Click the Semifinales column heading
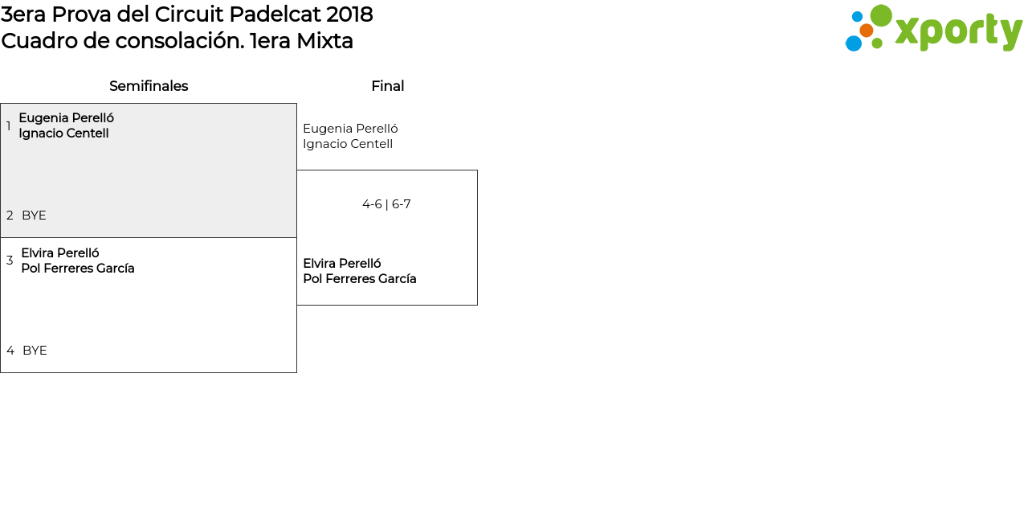coord(149,86)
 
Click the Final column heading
coord(387,86)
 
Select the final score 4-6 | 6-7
coord(386,204)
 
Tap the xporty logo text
coord(958,31)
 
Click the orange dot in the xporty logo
coord(866,31)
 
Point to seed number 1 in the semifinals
coord(9,126)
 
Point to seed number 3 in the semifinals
coord(10,261)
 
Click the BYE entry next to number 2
coord(34,216)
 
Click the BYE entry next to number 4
coord(35,351)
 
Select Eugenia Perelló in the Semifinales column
coord(66,118)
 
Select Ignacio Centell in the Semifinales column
coord(63,133)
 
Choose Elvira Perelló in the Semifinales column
coord(60,253)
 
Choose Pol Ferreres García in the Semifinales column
coord(78,269)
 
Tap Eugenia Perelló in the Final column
coord(350,129)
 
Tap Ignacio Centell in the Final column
coord(348,144)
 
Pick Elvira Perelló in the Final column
coord(342,264)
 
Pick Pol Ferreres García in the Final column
coord(360,279)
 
